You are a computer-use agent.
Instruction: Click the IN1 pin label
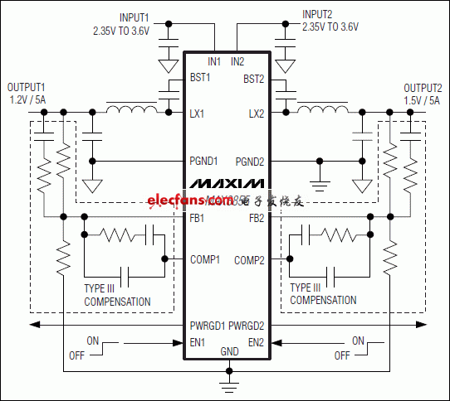[214, 61]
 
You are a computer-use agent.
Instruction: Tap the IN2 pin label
[237, 61]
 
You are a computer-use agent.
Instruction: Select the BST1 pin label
[200, 79]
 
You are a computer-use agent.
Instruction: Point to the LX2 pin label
[255, 113]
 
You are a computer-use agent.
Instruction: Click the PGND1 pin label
[204, 161]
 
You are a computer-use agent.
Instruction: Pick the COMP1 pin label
[205, 259]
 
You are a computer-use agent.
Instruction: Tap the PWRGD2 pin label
[247, 326]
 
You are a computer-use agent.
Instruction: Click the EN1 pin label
[198, 341]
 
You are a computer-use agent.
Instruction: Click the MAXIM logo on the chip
[226, 182]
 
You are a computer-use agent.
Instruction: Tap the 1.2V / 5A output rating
[27, 99]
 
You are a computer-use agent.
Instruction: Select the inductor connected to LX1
[130, 109]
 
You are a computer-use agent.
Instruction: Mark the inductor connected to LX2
[320, 109]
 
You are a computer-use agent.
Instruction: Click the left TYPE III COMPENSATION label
[117, 295]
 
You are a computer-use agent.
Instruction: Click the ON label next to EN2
[358, 341]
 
